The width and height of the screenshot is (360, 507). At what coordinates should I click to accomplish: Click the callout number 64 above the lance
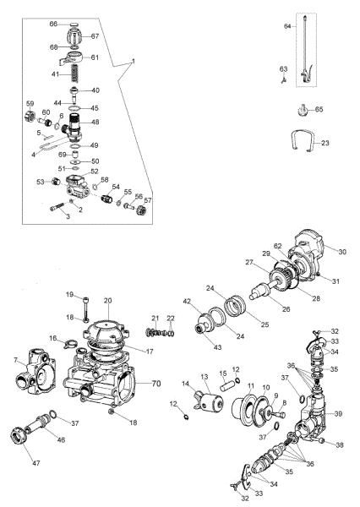[286, 27]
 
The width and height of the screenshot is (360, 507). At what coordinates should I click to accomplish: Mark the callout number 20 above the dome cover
[108, 301]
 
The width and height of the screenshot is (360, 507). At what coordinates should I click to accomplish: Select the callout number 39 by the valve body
[338, 413]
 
